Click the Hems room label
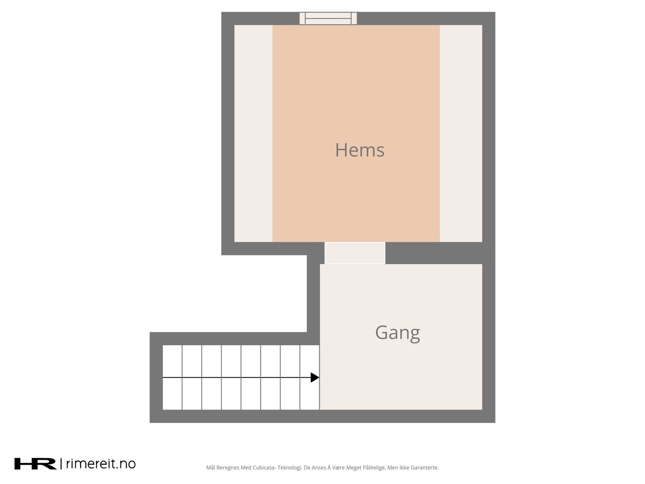(x=360, y=150)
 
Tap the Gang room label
(x=397, y=333)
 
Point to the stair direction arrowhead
(x=315, y=378)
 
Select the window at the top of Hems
(x=328, y=18)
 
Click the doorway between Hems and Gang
(x=355, y=253)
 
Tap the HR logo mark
(x=35, y=464)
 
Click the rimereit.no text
(x=100, y=464)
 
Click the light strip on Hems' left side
(x=253, y=133)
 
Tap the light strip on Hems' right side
(x=461, y=133)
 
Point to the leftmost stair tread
(x=173, y=377)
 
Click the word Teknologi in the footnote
(x=289, y=468)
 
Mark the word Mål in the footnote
(x=210, y=468)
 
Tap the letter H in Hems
(x=341, y=150)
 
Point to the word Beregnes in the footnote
(x=227, y=468)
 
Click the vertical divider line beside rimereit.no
(x=61, y=464)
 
